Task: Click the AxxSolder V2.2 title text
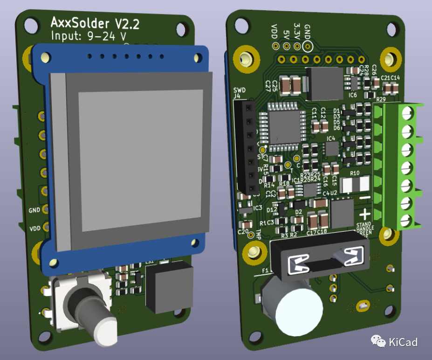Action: click(95, 23)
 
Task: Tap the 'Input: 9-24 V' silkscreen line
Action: click(89, 36)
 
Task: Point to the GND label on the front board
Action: click(35, 210)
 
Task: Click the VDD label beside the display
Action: click(35, 228)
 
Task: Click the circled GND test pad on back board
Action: click(307, 46)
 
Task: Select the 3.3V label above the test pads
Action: click(297, 31)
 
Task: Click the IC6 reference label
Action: click(353, 95)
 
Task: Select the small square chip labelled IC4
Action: click(332, 149)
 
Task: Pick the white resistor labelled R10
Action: click(355, 184)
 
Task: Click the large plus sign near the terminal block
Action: click(365, 214)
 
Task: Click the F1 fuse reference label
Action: click(266, 270)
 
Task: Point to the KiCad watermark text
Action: click(403, 342)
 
